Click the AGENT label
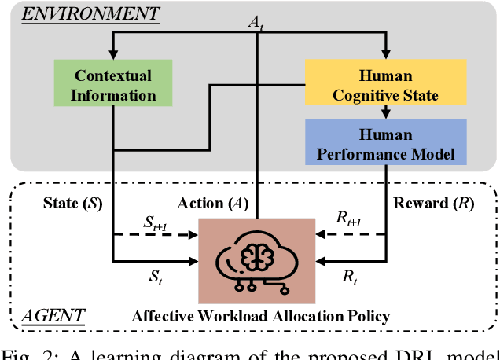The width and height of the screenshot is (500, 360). [x=53, y=317]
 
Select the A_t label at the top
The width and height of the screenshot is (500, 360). [x=256, y=25]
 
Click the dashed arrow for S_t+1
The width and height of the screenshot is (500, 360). [x=157, y=235]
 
